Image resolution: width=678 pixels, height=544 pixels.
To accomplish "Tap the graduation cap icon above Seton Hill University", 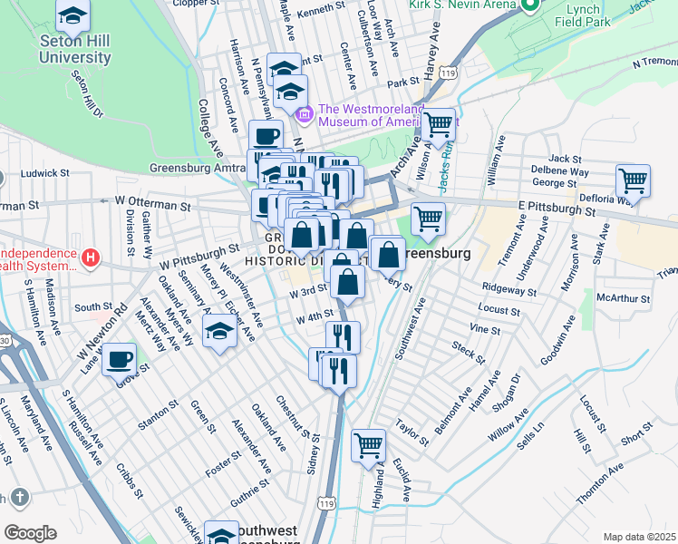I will pos(73,16).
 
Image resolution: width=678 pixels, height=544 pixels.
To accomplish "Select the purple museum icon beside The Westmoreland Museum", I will pos(305,115).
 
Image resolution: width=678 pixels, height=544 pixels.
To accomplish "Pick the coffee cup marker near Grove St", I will pos(118,360).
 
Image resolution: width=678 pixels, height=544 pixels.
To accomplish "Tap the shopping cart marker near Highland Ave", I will pos(368,445).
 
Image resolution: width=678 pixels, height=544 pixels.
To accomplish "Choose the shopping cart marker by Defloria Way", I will pos(632,180).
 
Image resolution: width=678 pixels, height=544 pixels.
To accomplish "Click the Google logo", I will pos(30,533).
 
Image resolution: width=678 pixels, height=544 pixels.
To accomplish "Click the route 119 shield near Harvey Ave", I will pos(447,72).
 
